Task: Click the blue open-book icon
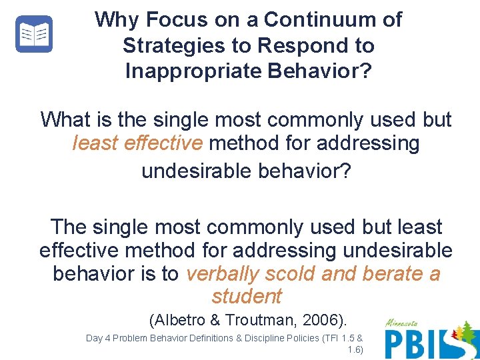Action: (34, 34)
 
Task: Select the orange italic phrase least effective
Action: (137, 143)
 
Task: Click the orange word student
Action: (247, 296)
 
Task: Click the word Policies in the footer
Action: (300, 338)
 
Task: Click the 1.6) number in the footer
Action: (355, 349)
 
